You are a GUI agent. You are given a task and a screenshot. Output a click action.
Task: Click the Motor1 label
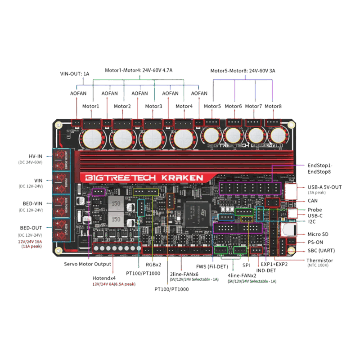91,106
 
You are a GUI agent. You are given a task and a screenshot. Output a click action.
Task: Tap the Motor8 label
273,106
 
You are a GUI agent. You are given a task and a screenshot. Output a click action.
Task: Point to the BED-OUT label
30,228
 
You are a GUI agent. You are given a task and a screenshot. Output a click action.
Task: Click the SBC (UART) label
321,250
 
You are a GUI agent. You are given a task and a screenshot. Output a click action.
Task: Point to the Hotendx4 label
104,278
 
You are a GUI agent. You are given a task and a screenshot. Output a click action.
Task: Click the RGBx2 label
154,265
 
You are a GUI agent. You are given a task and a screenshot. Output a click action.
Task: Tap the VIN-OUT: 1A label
75,73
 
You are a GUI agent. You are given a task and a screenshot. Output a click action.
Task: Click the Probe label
315,210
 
